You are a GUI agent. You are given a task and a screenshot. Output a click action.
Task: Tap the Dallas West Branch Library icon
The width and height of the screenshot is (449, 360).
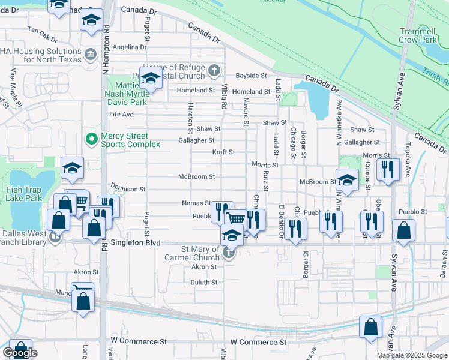(55, 236)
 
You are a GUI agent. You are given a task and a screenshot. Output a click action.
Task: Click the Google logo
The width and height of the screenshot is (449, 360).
(20, 353)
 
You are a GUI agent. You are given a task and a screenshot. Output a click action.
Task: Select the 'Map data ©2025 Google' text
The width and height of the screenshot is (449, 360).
(412, 355)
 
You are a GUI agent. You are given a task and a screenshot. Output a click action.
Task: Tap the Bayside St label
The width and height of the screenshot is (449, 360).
(250, 76)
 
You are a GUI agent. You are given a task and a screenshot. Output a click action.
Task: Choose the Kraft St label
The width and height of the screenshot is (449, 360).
(223, 152)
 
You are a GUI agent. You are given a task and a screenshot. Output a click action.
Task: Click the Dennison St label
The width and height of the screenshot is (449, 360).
(128, 188)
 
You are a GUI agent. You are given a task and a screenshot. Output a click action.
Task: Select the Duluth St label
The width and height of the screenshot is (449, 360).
(204, 282)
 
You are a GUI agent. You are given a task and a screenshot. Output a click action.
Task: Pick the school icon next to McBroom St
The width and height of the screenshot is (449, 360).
(347, 179)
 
